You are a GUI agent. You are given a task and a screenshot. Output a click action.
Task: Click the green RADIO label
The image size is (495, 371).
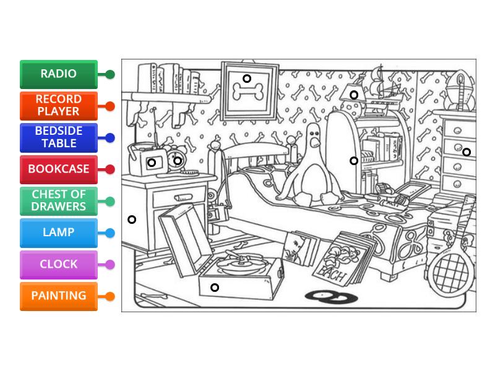click(59, 74)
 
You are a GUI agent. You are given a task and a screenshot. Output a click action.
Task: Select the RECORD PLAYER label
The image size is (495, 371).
click(59, 106)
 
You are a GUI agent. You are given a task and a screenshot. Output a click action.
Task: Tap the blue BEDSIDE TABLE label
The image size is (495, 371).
click(59, 137)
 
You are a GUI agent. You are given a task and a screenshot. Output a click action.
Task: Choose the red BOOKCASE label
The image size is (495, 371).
click(59, 169)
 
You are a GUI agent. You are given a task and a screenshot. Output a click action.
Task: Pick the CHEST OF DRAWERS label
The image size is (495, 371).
click(59, 201)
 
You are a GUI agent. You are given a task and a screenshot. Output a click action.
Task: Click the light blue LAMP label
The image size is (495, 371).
click(59, 232)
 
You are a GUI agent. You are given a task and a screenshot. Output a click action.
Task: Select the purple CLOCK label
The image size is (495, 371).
click(59, 264)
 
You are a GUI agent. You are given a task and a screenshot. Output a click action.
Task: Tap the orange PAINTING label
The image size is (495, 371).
click(59, 296)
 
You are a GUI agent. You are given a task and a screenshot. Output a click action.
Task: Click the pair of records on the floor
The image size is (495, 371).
click(331, 297)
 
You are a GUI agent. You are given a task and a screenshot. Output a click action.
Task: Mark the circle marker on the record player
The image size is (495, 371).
click(215, 288)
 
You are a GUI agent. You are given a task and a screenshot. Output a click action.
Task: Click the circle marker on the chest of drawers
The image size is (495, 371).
click(467, 152)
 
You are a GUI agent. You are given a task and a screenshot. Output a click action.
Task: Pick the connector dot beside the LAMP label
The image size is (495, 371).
click(110, 233)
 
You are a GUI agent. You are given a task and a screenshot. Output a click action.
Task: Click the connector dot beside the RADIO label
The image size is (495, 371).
click(110, 75)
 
